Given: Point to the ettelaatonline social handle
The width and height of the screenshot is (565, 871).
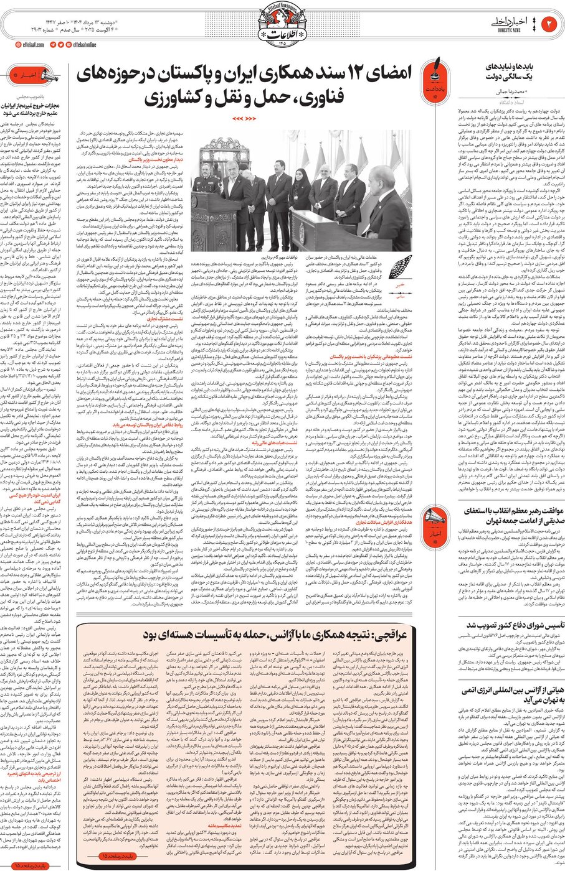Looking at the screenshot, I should coord(87,45).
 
